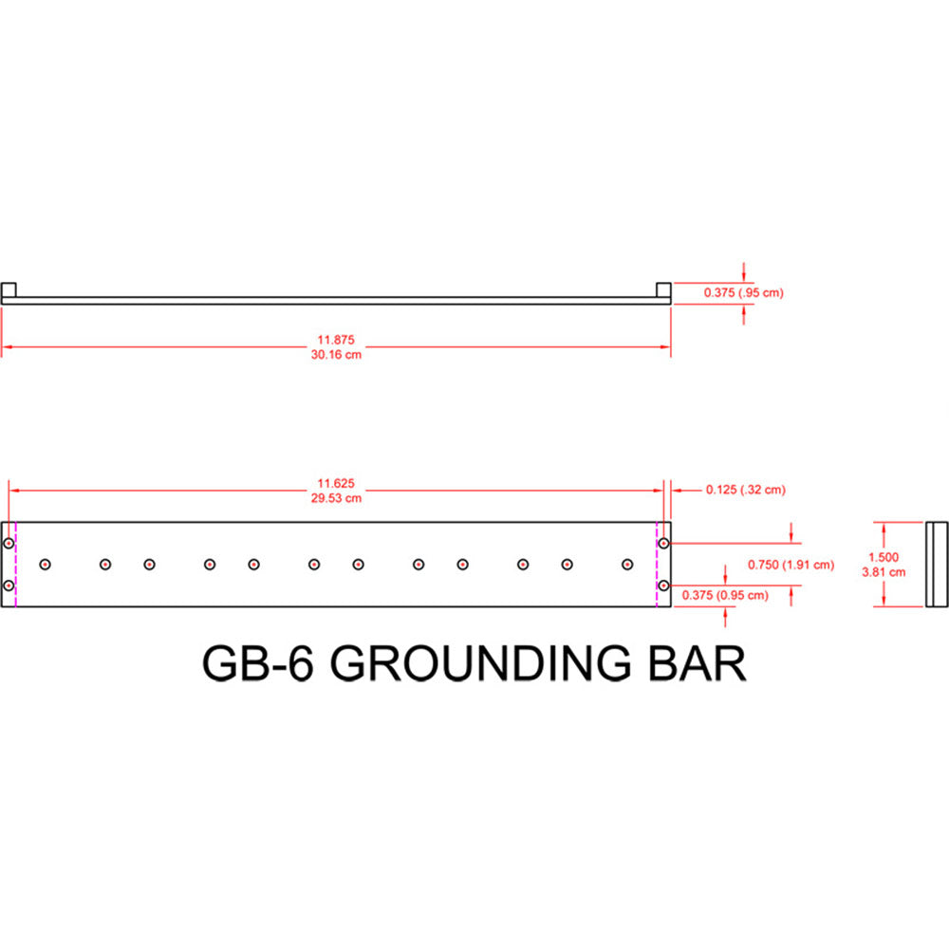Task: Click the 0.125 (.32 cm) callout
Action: tap(746, 490)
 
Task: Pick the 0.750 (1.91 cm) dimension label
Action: tap(791, 565)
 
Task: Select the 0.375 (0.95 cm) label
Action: tap(726, 595)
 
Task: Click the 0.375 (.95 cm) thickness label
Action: tap(744, 293)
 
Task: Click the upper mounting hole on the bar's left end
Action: tap(9, 544)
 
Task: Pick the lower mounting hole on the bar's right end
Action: tap(664, 586)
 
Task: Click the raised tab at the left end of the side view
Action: tap(9, 289)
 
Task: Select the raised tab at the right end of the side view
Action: tap(664, 289)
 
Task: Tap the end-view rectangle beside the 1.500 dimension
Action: tap(937, 565)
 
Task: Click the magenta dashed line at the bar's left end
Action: tap(16, 565)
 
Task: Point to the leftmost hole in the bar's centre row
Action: tap(45, 565)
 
